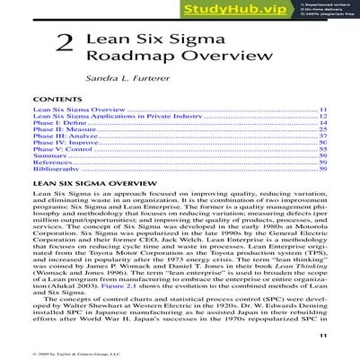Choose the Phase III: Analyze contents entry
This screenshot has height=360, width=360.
pos(62,136)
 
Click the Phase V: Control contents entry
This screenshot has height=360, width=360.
pos(61,150)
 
